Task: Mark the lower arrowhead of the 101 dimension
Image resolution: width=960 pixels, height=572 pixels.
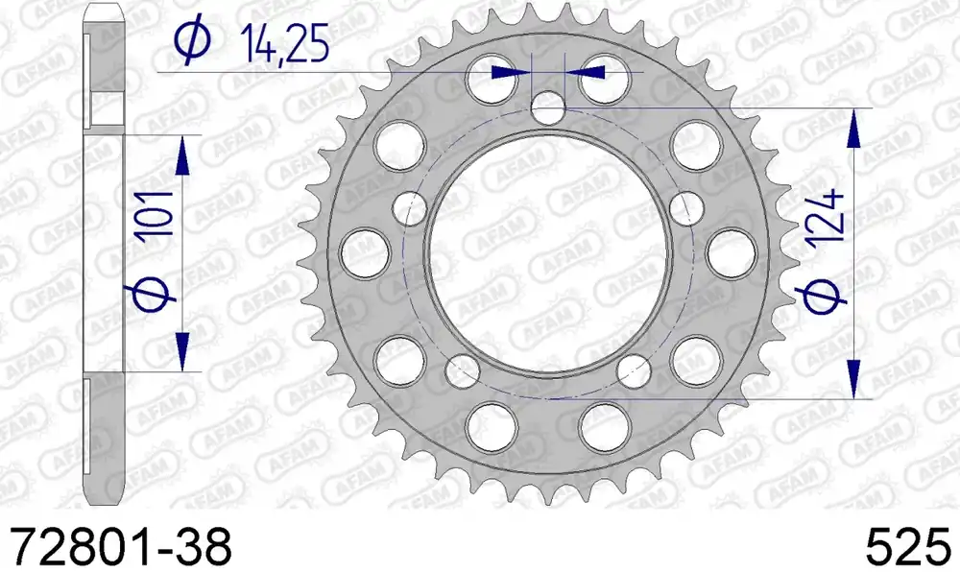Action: click(182, 355)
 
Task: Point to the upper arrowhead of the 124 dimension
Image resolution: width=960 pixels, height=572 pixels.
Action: click(852, 125)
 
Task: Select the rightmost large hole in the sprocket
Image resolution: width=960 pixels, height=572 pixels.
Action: click(730, 253)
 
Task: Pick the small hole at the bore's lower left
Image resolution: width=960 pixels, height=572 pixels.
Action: click(464, 369)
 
